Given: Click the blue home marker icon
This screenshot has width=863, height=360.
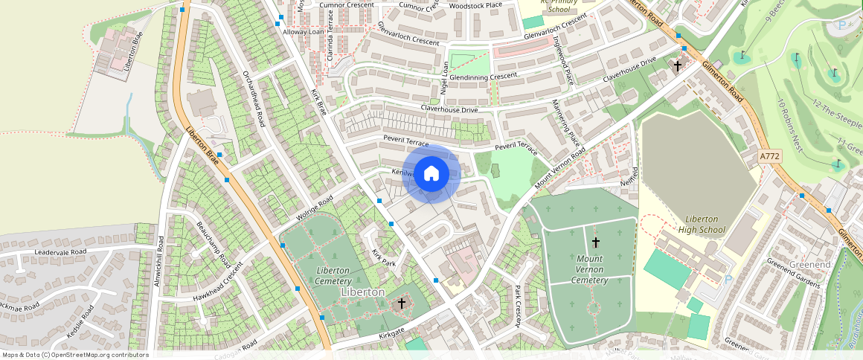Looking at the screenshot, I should pyautogui.click(x=431, y=174).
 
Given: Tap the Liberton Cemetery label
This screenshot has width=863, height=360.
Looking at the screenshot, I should pyautogui.click(x=333, y=276).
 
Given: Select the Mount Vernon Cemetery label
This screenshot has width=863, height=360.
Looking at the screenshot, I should pyautogui.click(x=590, y=269).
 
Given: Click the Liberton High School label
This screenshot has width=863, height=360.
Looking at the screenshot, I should pyautogui.click(x=702, y=225).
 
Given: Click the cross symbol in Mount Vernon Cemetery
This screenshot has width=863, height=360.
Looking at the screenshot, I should pyautogui.click(x=595, y=242).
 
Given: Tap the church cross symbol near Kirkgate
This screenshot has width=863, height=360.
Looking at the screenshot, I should pyautogui.click(x=402, y=303).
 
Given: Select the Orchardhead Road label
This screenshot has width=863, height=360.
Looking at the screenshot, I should pyautogui.click(x=254, y=97).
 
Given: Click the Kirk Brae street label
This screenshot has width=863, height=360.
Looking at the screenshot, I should pyautogui.click(x=318, y=101).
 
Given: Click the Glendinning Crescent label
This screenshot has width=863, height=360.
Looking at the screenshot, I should pyautogui.click(x=483, y=77).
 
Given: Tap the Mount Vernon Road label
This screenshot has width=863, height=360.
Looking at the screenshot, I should pyautogui.click(x=559, y=169).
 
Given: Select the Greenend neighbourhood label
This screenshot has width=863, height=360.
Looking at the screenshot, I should pyautogui.click(x=810, y=265).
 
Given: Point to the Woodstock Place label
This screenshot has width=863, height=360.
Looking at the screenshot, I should pyautogui.click(x=476, y=5).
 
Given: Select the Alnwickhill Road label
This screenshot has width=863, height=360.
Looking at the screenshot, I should pyautogui.click(x=158, y=261).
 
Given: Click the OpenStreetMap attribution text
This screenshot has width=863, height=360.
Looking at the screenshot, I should pyautogui.click(x=75, y=355).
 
